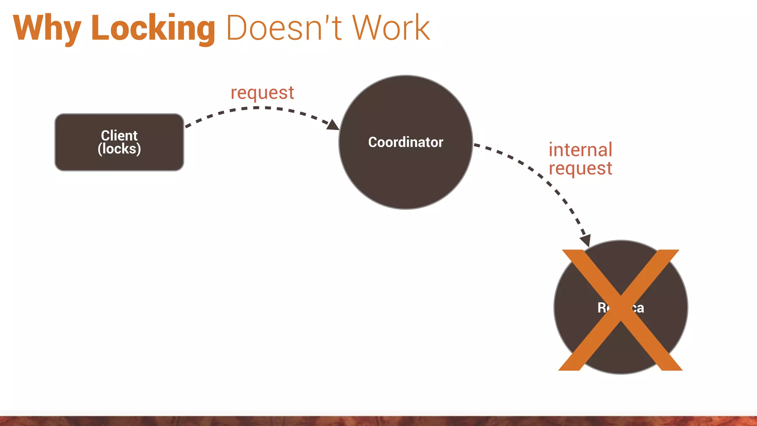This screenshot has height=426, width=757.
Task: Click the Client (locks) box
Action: point(119,163)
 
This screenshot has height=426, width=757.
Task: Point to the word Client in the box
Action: point(119,135)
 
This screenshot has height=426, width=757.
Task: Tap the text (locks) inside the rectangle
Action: point(119,149)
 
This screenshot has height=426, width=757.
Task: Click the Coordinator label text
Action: point(405,142)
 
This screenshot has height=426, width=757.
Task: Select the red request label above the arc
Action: point(262,93)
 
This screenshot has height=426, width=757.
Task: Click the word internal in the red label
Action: point(580,150)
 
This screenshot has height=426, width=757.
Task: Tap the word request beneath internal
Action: point(580,168)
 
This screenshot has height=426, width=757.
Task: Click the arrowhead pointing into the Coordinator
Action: point(333,125)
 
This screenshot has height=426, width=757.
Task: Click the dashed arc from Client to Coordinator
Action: point(255,108)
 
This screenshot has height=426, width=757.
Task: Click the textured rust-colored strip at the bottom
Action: point(378,421)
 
